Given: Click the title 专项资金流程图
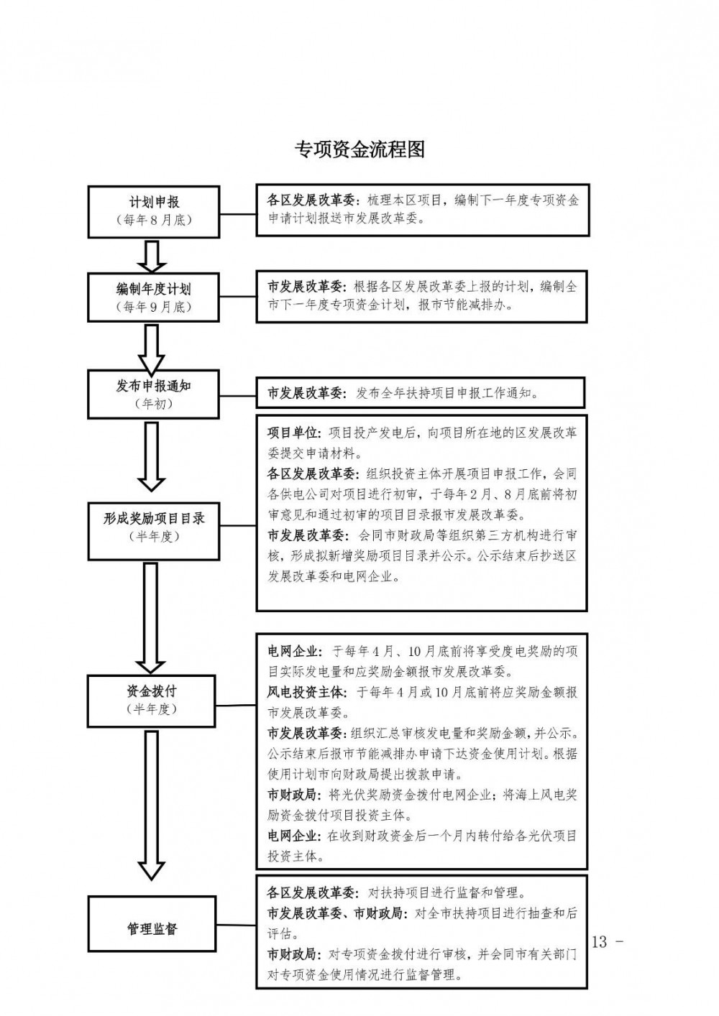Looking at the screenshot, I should point(360,149).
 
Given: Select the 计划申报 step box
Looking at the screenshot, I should point(153,211).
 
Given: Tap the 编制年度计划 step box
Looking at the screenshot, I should point(153,297).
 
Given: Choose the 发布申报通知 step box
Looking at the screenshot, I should point(153,394).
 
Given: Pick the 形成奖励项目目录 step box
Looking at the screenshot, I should point(153,526).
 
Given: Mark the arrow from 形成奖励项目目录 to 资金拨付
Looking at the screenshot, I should point(151,617).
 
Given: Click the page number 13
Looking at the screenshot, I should point(600,942).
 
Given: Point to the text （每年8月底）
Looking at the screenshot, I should point(153,221).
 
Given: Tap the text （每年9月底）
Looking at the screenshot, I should point(153,307).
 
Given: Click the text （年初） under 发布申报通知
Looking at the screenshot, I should point(153,404).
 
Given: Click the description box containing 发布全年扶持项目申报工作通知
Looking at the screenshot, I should point(421,393).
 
